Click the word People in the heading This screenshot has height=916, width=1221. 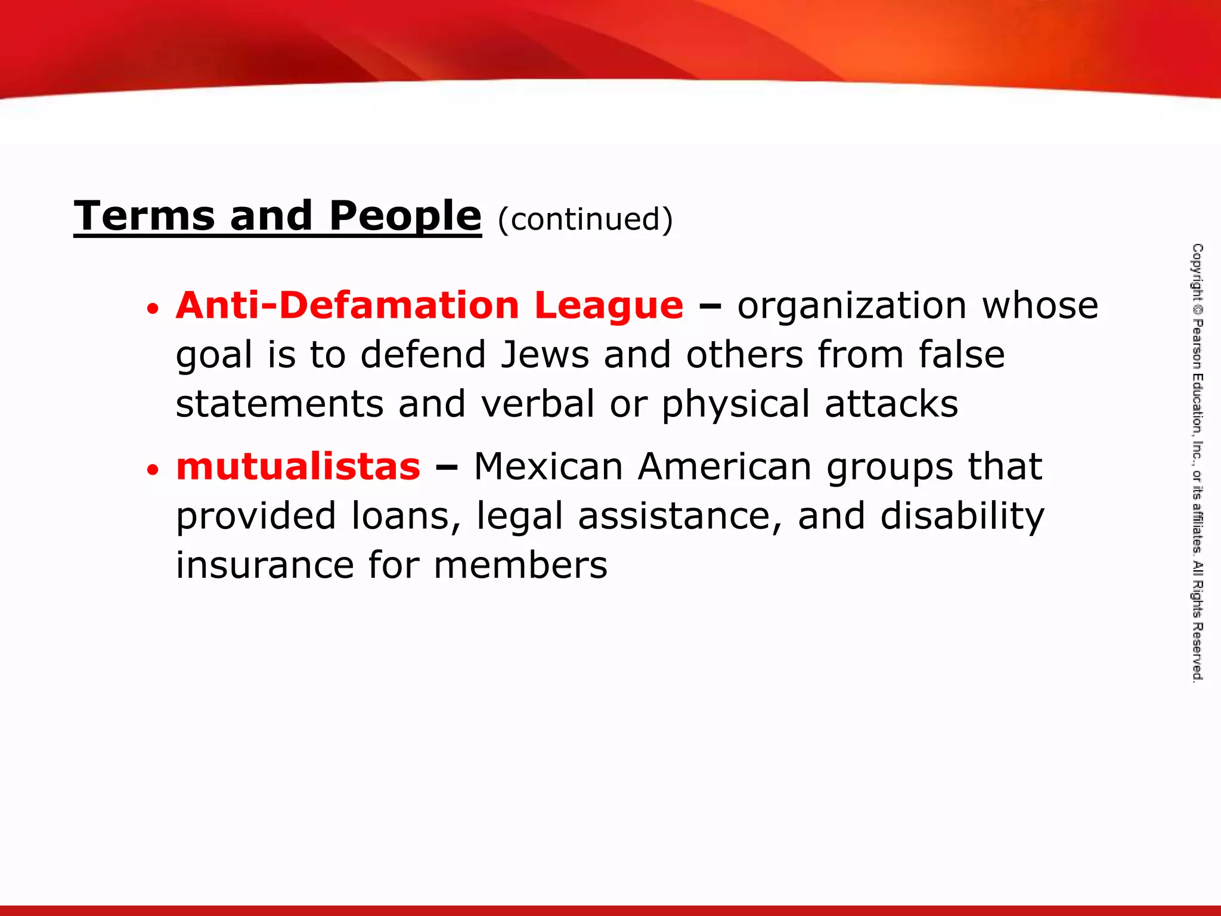point(405,216)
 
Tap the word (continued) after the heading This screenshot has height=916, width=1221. point(585,219)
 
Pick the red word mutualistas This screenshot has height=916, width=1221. point(298,466)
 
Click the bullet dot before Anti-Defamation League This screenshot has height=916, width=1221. point(153,309)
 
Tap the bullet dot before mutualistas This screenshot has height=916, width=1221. point(153,470)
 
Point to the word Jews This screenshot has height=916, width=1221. point(545,355)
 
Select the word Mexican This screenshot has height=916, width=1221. point(548,466)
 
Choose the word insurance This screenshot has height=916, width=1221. point(265,565)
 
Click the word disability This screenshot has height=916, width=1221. point(962,516)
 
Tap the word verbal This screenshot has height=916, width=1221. point(538,404)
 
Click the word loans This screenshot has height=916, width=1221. point(405,516)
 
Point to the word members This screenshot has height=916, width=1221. point(520,565)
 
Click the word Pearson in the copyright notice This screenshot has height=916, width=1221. point(1197,343)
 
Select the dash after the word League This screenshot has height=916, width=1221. point(709,307)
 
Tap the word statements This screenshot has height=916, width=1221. point(279,404)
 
